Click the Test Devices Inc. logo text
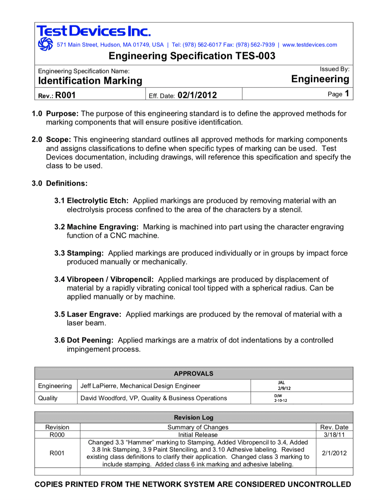pyautogui.click(x=93, y=31)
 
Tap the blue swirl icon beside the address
pyautogui.click(x=45, y=44)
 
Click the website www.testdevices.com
pyautogui.click(x=309, y=45)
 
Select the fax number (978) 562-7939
pyautogui.click(x=255, y=45)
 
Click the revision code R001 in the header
pyautogui.click(x=65, y=95)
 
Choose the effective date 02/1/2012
pyautogui.click(x=197, y=95)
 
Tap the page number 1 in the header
pyautogui.click(x=347, y=94)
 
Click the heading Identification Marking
pyautogui.click(x=90, y=81)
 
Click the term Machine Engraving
pyautogui.click(x=102, y=227)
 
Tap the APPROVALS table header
pyautogui.click(x=193, y=374)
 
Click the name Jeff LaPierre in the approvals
pyautogui.click(x=99, y=386)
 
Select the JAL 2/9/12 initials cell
pyautogui.click(x=284, y=386)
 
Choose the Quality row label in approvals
pyautogui.click(x=48, y=398)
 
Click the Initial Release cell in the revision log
pyautogui.click(x=198, y=435)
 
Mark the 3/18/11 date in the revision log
pyautogui.click(x=334, y=435)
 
